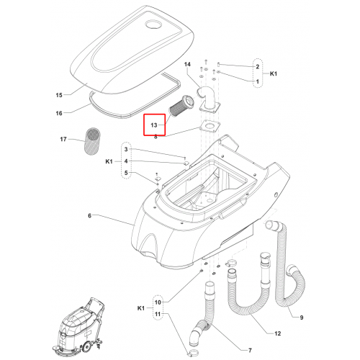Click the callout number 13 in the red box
click(154, 125)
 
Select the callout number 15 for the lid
click(59, 95)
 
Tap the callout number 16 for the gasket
click(59, 113)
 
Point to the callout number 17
click(63, 139)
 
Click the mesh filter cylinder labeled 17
click(93, 141)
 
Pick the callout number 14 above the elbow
click(187, 64)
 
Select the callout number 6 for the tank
click(89, 216)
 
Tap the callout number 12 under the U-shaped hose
click(277, 333)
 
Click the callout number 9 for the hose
click(302, 318)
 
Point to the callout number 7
click(250, 351)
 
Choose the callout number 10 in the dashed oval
click(158, 302)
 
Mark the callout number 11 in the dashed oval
click(158, 314)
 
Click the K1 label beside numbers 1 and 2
click(274, 73)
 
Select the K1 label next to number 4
click(109, 161)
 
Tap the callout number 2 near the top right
click(258, 67)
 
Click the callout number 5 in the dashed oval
click(126, 173)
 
